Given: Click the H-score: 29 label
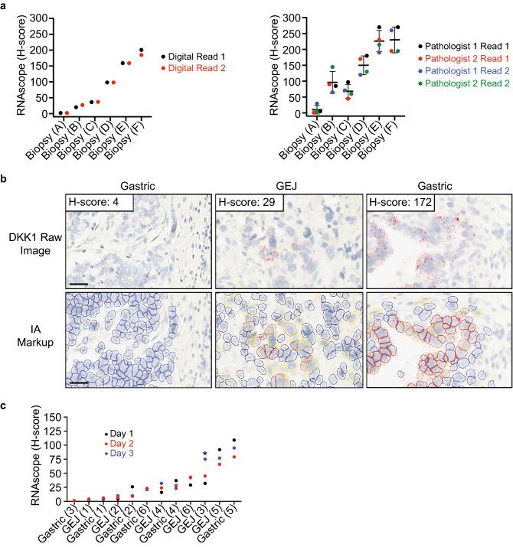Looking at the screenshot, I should pyautogui.click(x=247, y=202).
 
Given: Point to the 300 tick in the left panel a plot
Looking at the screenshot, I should pyautogui.click(x=38, y=17).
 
